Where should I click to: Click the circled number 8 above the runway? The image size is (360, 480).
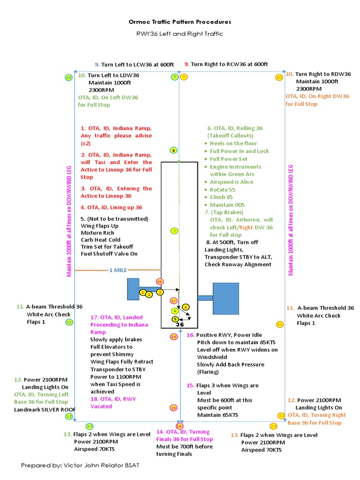point(173,150)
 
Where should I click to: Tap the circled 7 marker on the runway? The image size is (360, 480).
point(174,231)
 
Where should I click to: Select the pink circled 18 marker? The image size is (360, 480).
point(160,282)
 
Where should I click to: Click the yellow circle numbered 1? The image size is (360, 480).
point(142,292)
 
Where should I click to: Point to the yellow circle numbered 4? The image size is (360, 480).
point(186,307)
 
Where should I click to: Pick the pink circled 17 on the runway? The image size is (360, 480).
point(173,300)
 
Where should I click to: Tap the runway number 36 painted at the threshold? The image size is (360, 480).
point(180,323)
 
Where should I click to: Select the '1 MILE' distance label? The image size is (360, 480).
point(118,270)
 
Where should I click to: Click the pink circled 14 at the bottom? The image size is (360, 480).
point(180,426)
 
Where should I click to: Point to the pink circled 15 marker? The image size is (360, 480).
point(173,408)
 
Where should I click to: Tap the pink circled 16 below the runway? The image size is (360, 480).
point(173,337)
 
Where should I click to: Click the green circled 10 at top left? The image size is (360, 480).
point(68,77)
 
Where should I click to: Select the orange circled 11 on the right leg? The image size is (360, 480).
point(280,324)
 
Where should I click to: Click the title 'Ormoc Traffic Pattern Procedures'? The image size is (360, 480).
point(180,22)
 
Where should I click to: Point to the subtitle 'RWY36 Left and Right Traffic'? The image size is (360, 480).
point(180,34)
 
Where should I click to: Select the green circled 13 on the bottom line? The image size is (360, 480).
point(89,426)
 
